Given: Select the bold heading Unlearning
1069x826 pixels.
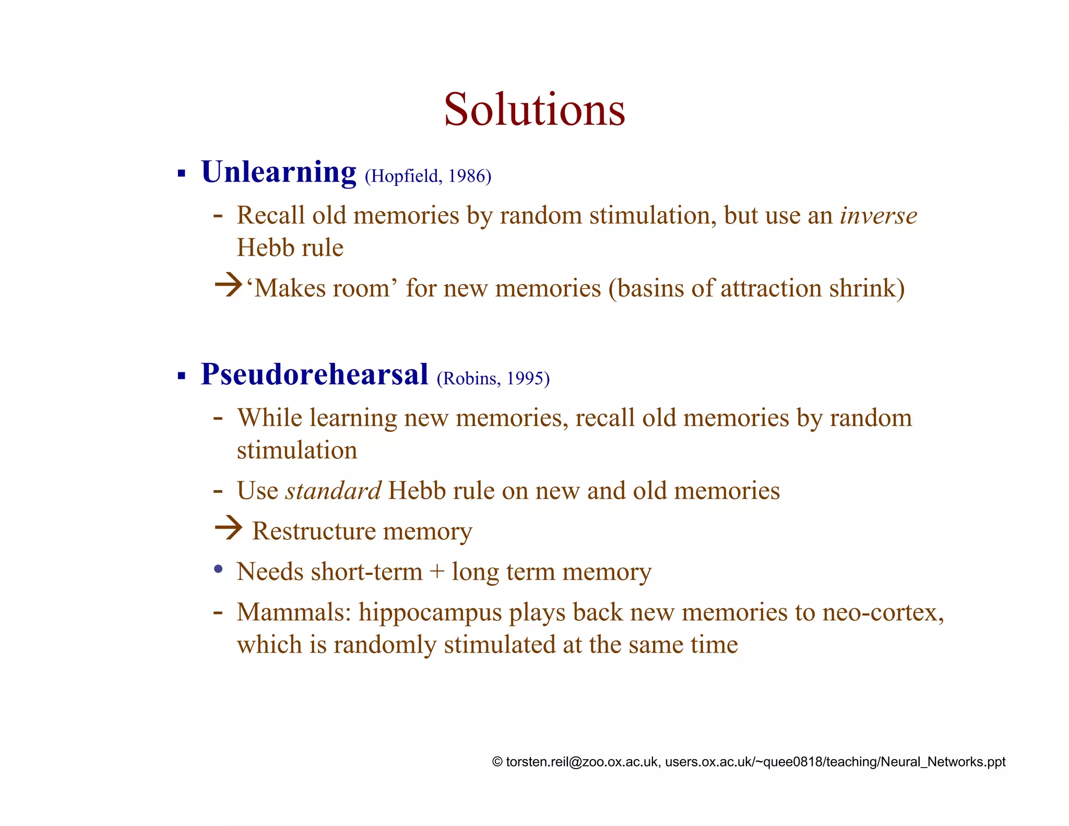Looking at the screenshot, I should [x=279, y=172].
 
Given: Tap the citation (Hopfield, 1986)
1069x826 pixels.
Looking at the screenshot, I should [x=428, y=176].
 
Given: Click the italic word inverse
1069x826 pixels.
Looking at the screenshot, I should [x=878, y=216].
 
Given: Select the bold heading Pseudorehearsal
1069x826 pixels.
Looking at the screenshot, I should [x=315, y=374].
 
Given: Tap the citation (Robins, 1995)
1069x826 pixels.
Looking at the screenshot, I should [x=493, y=379].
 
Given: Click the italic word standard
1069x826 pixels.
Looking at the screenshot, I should [x=333, y=491].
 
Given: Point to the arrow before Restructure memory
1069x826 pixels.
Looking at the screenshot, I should [x=228, y=528].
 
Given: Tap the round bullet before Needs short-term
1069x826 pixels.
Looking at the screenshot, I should [x=219, y=569].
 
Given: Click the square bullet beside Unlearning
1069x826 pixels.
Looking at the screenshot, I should [x=182, y=173].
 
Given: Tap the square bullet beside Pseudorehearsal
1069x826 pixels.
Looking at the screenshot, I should [x=182, y=375].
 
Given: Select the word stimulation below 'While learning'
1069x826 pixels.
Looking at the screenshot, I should [x=297, y=451].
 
